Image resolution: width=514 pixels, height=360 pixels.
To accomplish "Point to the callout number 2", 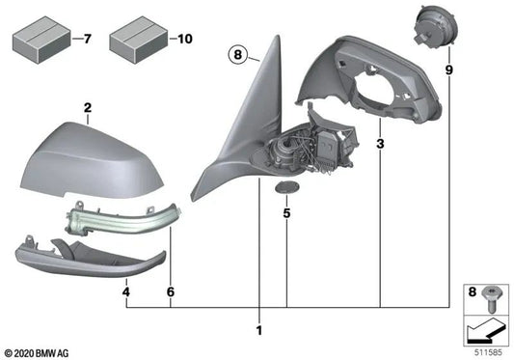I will pyautogui.click(x=87, y=108).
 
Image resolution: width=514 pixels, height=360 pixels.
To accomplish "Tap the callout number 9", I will pyautogui.click(x=447, y=72).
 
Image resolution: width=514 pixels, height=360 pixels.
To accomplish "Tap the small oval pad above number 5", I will pyautogui.click(x=285, y=185).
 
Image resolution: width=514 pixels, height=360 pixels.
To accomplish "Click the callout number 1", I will pyautogui.click(x=258, y=332).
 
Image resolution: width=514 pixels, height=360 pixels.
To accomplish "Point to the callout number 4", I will pyautogui.click(x=126, y=290).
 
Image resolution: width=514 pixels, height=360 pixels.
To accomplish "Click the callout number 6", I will pyautogui.click(x=171, y=290).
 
